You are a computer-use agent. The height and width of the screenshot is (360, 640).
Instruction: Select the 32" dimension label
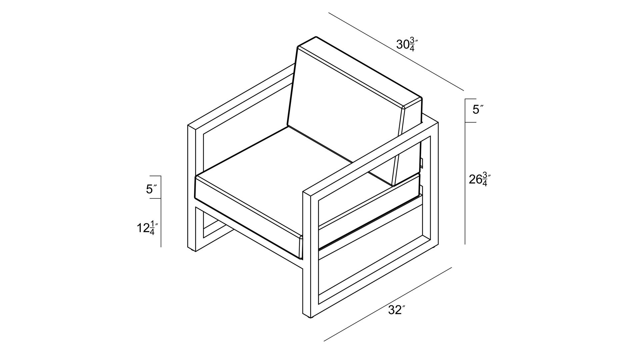pyautogui.click(x=397, y=310)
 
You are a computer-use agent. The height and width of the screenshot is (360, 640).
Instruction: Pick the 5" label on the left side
pyautogui.click(x=151, y=189)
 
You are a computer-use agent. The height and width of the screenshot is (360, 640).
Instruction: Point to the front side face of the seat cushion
pyautogui.click(x=247, y=217)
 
